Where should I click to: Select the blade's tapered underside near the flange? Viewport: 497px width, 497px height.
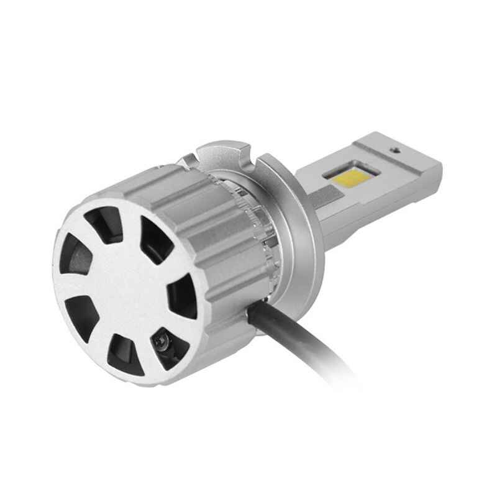pyautogui.click(x=329, y=230)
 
